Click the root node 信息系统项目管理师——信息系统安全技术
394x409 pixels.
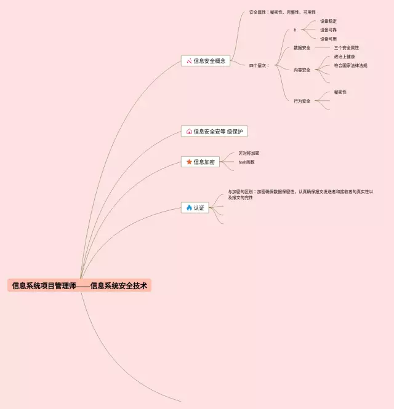[x=79, y=285]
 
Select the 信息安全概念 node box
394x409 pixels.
[x=206, y=61]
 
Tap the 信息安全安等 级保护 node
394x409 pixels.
[x=214, y=131]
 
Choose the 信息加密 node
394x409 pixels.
[x=200, y=162]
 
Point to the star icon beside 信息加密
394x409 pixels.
[x=189, y=162]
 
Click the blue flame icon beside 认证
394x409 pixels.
[x=189, y=208]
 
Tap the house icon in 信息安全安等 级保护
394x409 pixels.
[x=189, y=131]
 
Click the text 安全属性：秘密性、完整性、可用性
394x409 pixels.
[x=282, y=12]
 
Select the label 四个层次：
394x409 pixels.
[x=259, y=65]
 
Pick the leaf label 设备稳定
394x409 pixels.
[x=328, y=21]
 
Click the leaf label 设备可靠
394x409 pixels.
[x=328, y=30]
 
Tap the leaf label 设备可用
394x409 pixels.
[x=328, y=39]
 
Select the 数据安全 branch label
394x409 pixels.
[x=302, y=47]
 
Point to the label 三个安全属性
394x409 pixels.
[x=347, y=47]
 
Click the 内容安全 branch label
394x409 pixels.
[x=302, y=70]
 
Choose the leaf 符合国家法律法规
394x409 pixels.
[x=350, y=65]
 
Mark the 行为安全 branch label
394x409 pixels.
[x=302, y=101]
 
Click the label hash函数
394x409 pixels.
[x=246, y=162]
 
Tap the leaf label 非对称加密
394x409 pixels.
[x=249, y=153]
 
